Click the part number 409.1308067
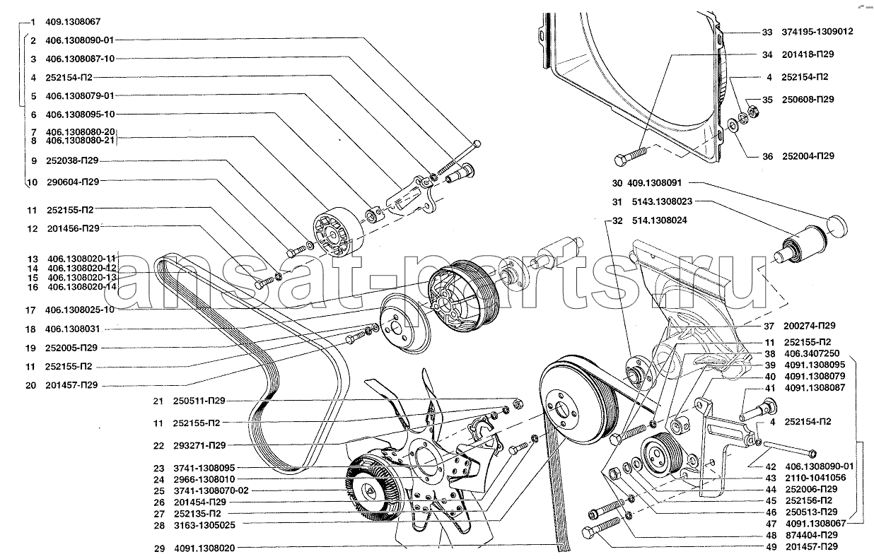pos(73,22)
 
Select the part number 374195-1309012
pos(817,32)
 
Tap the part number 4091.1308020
pos(204,548)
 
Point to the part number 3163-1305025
pos(204,525)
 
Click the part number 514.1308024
pos(660,220)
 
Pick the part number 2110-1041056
pos(815,478)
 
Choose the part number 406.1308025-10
pos(80,310)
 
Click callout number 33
pos(767,32)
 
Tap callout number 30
pos(617,183)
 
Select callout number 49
pos(771,547)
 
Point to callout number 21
pos(158,401)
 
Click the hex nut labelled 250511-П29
pos(518,404)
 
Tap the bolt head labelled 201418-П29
pos(620,160)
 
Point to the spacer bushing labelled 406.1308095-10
pos(373,214)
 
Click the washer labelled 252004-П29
pos(732,126)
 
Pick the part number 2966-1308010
pos(204,479)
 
